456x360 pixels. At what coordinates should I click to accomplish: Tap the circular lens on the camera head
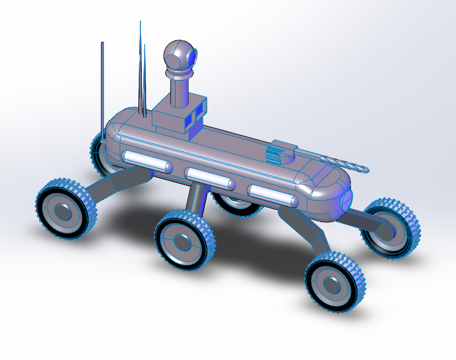point(192,55)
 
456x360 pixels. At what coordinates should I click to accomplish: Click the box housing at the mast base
point(174,118)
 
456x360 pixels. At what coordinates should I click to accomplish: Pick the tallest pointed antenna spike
point(140,68)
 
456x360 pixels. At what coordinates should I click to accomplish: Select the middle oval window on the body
point(210,178)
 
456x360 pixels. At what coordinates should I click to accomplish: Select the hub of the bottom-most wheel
point(332,284)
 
